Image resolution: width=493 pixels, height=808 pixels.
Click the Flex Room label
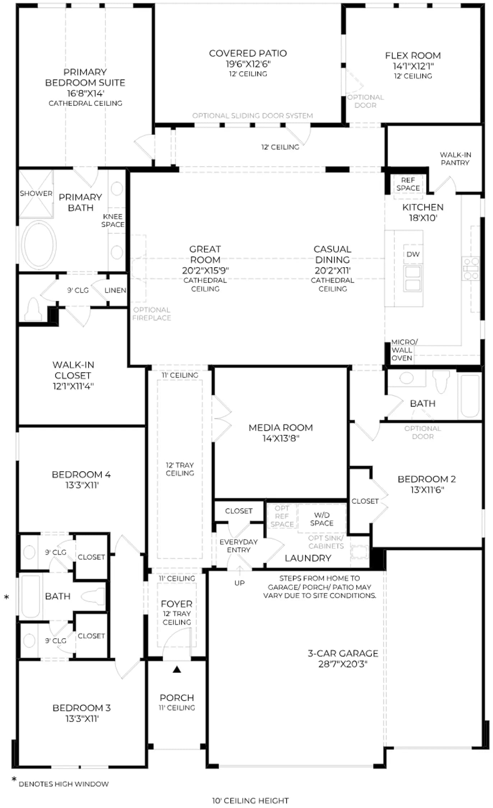click(x=413, y=56)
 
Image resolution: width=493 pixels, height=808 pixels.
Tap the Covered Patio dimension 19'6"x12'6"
click(x=248, y=64)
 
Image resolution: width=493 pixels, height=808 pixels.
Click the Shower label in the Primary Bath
click(x=36, y=194)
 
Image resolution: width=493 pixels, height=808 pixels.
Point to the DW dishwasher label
click(x=413, y=254)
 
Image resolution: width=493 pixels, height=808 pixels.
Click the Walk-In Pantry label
click(x=455, y=159)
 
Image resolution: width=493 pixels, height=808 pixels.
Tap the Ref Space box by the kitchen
click(x=408, y=184)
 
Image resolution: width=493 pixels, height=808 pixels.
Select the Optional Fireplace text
click(x=152, y=314)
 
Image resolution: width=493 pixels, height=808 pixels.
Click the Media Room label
click(x=281, y=428)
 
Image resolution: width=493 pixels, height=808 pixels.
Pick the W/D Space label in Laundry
click(x=322, y=519)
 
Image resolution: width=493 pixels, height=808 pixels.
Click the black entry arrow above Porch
click(x=177, y=669)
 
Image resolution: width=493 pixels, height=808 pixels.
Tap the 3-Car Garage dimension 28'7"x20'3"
click(x=343, y=664)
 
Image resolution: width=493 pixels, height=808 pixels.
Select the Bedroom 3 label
click(x=82, y=708)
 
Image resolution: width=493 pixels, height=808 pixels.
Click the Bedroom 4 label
click(x=81, y=475)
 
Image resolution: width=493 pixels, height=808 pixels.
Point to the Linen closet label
click(x=115, y=290)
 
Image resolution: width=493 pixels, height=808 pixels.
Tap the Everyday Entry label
click(x=239, y=546)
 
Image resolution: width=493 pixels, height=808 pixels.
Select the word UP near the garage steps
click(x=239, y=583)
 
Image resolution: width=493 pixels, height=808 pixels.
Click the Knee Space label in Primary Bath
click(x=113, y=220)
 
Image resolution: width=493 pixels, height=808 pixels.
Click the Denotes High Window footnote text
click(x=64, y=784)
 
